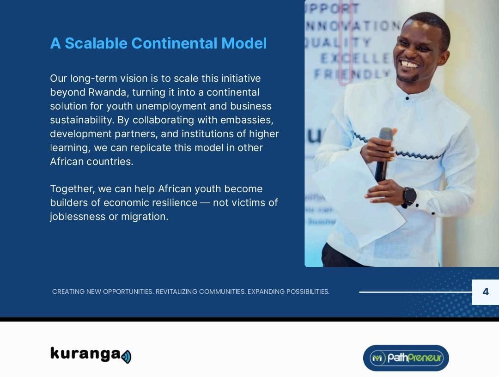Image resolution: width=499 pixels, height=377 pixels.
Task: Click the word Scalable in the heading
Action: [96, 43]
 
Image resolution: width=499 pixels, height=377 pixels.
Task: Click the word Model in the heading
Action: [244, 43]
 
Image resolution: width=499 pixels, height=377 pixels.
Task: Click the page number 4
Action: [485, 292]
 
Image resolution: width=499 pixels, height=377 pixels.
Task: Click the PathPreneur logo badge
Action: [406, 358]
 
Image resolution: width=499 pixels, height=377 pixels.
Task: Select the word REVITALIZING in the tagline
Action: [176, 292]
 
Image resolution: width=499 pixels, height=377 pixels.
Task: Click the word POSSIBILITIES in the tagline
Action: [307, 292]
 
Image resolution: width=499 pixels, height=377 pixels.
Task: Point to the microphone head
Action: [386, 134]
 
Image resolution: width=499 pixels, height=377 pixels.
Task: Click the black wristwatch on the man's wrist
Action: [409, 196]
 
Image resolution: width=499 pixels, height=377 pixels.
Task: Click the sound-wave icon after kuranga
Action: [127, 357]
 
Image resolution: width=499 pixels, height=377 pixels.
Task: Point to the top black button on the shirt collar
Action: [407, 98]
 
